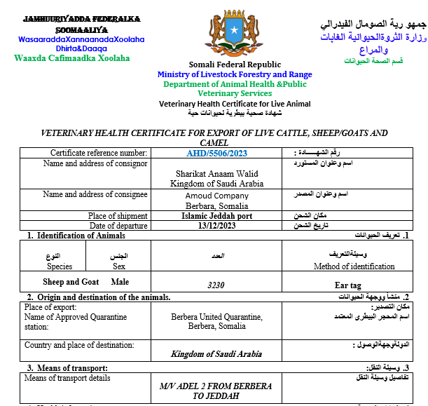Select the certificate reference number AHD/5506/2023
point(216,153)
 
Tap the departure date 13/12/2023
point(216,226)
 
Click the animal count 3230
point(216,285)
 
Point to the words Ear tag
point(347,285)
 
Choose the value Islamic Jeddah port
point(216,216)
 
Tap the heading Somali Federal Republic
point(235,65)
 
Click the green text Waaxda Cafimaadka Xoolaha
point(72,58)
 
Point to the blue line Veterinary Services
point(235,93)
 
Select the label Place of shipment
point(118,216)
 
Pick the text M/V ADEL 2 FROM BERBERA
point(216,386)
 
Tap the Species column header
point(60,266)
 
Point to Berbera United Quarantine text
point(216,317)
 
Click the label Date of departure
point(118,226)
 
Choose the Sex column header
point(120,266)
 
